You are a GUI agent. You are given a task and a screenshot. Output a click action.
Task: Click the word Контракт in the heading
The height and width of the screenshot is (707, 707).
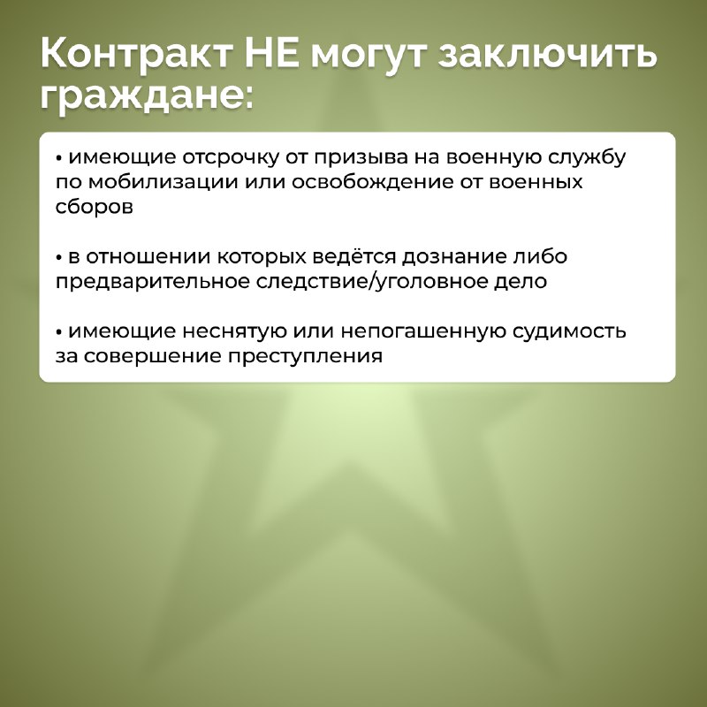136,54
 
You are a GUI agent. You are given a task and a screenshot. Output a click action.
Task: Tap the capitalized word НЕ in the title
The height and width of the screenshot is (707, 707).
272,54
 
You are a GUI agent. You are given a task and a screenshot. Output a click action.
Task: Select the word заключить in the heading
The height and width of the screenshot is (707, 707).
547,54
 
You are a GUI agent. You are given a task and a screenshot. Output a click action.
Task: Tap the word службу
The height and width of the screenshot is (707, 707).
587,157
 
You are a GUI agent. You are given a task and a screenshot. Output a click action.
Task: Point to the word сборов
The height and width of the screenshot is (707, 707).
95,207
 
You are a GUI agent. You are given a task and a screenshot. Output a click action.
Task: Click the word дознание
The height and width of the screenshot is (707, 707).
454,257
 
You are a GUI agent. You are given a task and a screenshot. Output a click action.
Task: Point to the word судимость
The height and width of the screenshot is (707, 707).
570,331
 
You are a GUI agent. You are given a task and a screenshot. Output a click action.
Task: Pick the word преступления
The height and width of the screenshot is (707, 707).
305,357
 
